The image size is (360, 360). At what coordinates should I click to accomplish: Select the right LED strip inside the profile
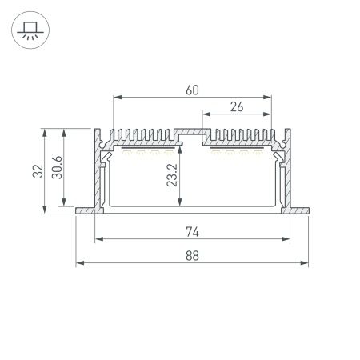point(237,148)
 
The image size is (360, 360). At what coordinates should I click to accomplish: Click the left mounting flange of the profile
point(85,211)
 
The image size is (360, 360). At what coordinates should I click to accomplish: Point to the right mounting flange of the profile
point(298,211)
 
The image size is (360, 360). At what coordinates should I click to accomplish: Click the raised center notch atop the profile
point(191,128)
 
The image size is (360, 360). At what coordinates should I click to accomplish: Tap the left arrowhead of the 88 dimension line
point(79,263)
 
